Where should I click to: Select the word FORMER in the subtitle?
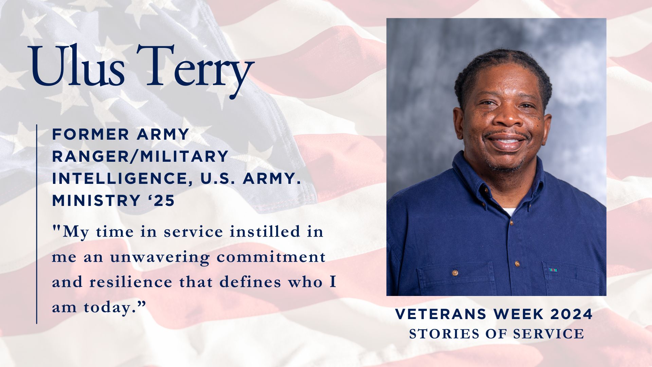click(x=90, y=135)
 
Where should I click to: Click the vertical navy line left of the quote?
click(x=37, y=224)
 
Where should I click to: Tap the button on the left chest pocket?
click(x=455, y=273)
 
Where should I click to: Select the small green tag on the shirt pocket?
click(x=553, y=270)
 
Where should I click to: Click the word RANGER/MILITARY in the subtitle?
click(x=140, y=157)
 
